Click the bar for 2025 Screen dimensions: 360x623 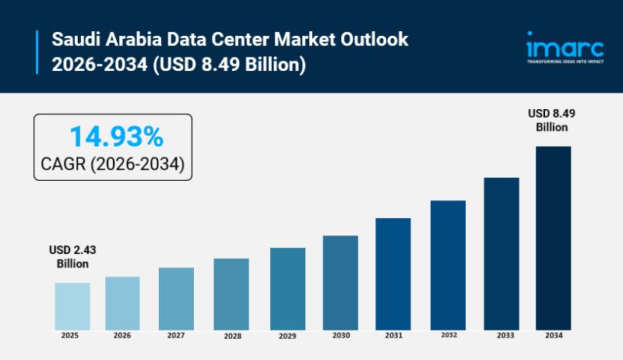pyautogui.click(x=72, y=305)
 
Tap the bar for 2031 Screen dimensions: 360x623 pyautogui.click(x=392, y=273)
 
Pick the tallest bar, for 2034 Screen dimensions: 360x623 pyautogui.click(x=553, y=237)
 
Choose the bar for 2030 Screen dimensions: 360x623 pyautogui.click(x=340, y=281)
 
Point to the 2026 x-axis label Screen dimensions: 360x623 pyautogui.click(x=122, y=336)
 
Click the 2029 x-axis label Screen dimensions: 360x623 pyautogui.click(x=287, y=336)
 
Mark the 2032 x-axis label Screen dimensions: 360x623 pyautogui.click(x=448, y=336)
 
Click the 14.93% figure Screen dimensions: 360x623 pyautogui.click(x=116, y=137)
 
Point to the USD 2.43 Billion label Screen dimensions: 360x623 pyautogui.click(x=72, y=256)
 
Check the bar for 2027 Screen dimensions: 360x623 pyautogui.click(x=175, y=298)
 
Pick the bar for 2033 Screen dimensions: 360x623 pyautogui.click(x=501, y=252)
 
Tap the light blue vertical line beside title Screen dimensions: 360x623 pyautogui.click(x=37, y=51)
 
